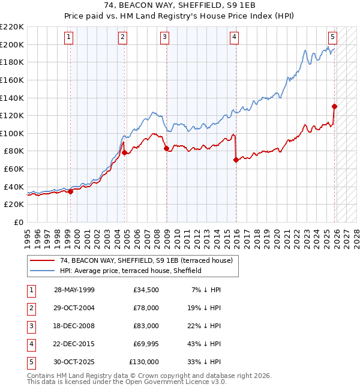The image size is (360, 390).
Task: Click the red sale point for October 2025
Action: click(x=334, y=106)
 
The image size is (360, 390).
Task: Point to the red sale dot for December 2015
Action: click(x=236, y=160)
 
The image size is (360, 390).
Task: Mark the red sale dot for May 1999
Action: click(x=70, y=191)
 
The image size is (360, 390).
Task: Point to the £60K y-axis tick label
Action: click(x=14, y=169)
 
